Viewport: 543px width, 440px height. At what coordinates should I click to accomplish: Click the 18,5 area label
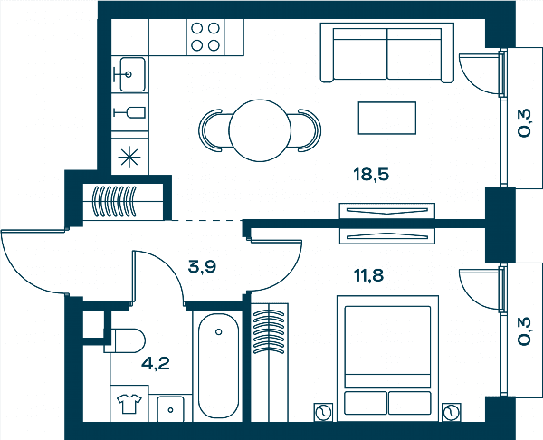tap(371, 174)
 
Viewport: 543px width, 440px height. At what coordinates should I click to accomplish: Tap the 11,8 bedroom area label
tap(368, 276)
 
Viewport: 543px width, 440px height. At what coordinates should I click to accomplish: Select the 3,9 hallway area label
tap(202, 267)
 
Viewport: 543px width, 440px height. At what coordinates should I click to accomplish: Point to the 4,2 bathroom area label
tap(156, 363)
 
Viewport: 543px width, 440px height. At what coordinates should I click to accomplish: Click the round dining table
tap(260, 130)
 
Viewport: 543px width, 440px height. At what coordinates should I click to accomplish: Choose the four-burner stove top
tap(205, 37)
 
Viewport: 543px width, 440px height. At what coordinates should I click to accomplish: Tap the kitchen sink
tap(132, 74)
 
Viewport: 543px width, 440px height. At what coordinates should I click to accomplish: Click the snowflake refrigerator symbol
tap(129, 157)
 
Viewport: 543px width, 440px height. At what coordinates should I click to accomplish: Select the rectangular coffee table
tap(387, 118)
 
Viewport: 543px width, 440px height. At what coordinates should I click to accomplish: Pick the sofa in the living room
tap(387, 53)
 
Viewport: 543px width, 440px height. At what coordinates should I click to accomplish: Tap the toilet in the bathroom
tap(126, 341)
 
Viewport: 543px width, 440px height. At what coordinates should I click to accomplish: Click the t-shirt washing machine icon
tap(129, 403)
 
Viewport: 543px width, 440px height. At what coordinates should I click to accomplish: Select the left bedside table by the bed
tap(323, 412)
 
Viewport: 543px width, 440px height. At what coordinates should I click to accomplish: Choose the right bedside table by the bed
tap(452, 412)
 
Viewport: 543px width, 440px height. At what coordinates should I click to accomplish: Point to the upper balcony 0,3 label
tap(524, 123)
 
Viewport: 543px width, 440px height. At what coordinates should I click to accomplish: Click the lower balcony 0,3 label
tap(524, 331)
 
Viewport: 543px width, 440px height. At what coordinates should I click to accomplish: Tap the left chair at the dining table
tap(210, 130)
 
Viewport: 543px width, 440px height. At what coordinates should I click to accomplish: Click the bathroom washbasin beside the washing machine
tap(170, 409)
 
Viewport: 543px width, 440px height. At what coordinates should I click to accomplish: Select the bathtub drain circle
tap(218, 332)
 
